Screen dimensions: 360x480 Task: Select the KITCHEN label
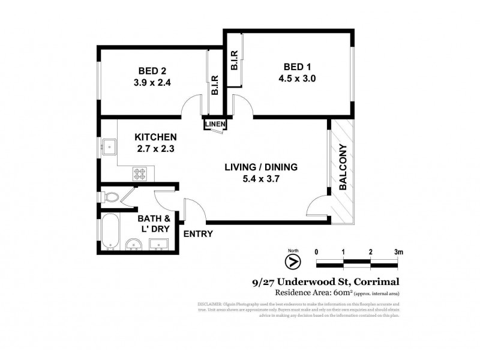(x=155, y=137)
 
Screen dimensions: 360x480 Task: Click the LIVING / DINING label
(x=260, y=167)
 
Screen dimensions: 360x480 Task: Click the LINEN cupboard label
(x=215, y=124)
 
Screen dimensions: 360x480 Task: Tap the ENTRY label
(x=197, y=233)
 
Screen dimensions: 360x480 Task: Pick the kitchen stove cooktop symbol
(x=140, y=173)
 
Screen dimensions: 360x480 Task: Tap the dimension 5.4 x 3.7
(x=260, y=179)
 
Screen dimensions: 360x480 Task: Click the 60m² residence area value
(x=341, y=293)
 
